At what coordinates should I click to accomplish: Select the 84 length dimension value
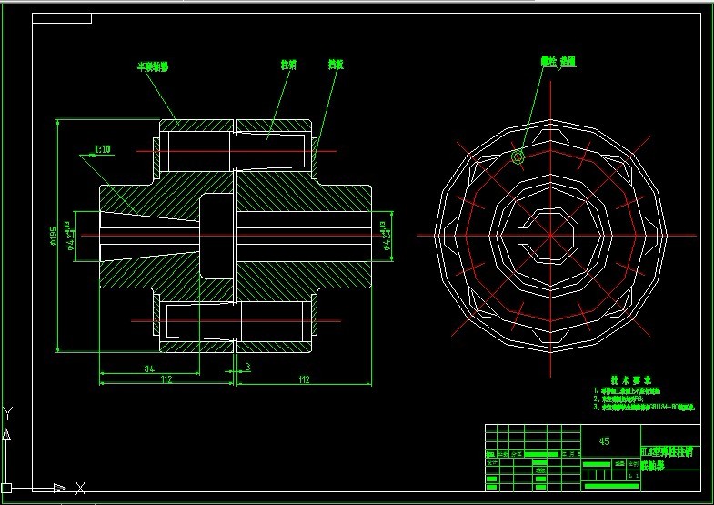[146, 368]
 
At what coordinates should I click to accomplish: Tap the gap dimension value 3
[247, 368]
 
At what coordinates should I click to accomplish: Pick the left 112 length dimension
[166, 379]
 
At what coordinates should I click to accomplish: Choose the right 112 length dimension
[303, 379]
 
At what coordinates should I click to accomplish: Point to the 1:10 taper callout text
[103, 149]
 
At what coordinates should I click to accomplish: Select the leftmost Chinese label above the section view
[153, 66]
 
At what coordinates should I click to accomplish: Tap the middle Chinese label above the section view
[287, 66]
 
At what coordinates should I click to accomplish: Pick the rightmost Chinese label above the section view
[336, 66]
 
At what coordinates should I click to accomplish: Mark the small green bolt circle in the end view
[518, 157]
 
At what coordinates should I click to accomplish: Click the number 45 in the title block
[604, 440]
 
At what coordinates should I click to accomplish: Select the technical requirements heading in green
[630, 380]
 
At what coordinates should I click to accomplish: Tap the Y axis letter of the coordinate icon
[7, 412]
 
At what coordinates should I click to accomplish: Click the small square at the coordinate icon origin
[7, 488]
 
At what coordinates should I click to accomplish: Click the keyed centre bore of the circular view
[550, 234]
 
